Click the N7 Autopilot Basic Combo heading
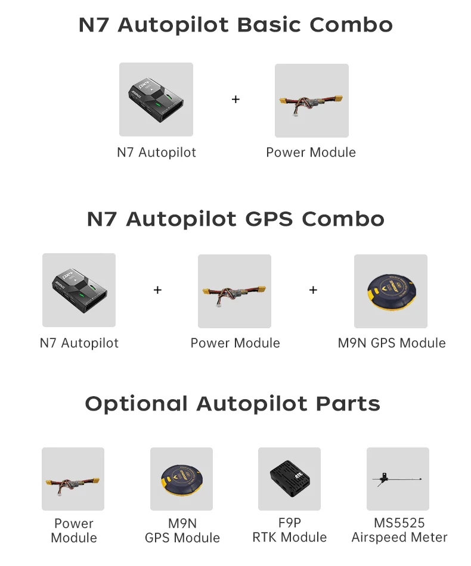click(235, 25)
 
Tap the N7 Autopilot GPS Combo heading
click(235, 219)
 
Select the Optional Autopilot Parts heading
click(233, 404)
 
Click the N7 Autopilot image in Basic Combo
click(156, 99)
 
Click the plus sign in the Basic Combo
click(235, 99)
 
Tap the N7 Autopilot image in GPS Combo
click(79, 290)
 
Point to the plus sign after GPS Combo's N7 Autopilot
click(157, 290)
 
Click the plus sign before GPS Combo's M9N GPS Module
click(313, 290)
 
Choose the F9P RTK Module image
click(289, 479)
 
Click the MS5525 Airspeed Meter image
click(398, 479)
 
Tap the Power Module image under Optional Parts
click(73, 479)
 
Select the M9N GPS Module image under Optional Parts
click(181, 479)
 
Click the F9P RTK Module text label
click(289, 530)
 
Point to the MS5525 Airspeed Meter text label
click(399, 530)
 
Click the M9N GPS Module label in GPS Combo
click(392, 343)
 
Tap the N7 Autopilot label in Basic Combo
click(156, 153)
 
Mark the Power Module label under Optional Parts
click(73, 530)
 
